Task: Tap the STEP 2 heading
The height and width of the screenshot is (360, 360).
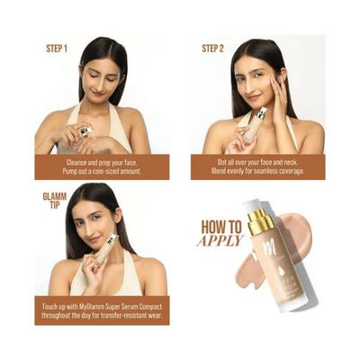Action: coord(212,48)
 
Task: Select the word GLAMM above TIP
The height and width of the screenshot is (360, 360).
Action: coord(55,194)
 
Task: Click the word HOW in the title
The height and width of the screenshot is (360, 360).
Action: coord(221,228)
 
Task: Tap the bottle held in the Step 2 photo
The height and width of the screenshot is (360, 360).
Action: coord(255,127)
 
